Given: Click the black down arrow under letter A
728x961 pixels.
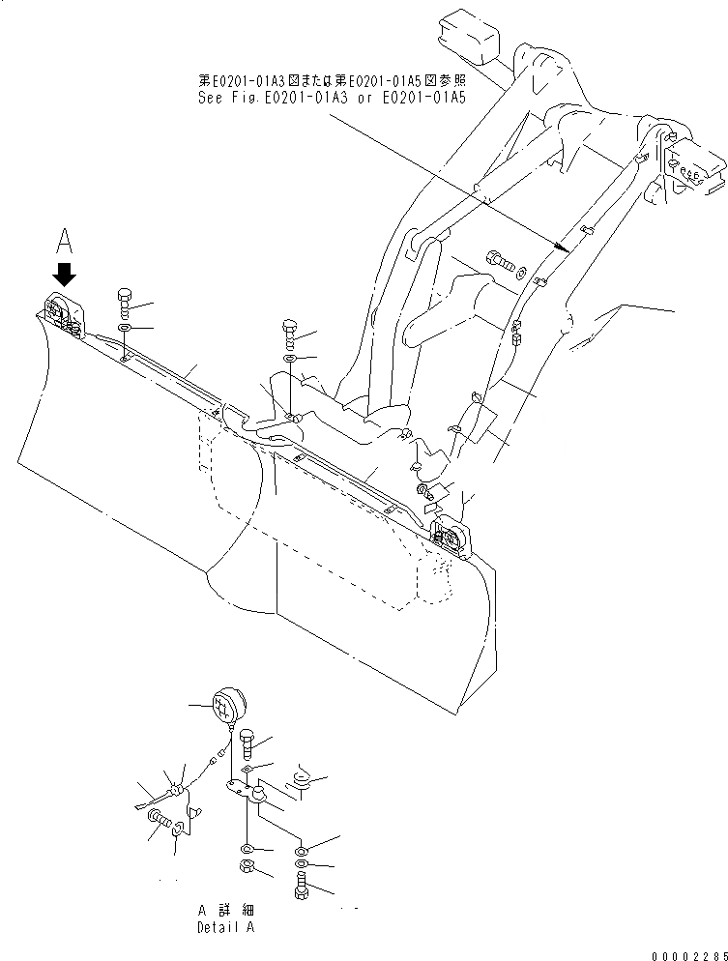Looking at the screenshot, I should (x=65, y=274).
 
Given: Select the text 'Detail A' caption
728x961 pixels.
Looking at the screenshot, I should (x=225, y=925).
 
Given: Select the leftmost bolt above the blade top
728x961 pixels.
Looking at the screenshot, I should (x=125, y=301).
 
